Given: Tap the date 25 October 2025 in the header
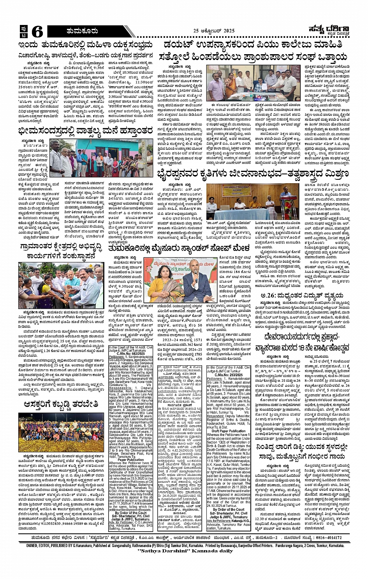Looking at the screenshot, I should [216, 31].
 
